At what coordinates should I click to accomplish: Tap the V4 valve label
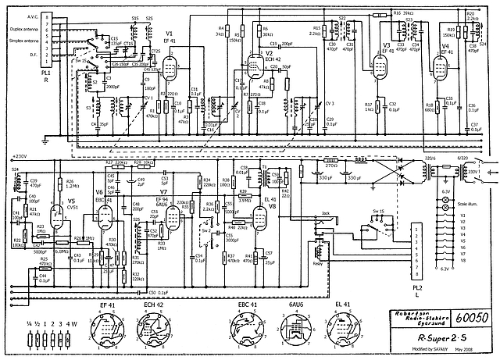coord(445,46)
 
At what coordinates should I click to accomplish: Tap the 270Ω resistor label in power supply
coord(330,165)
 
